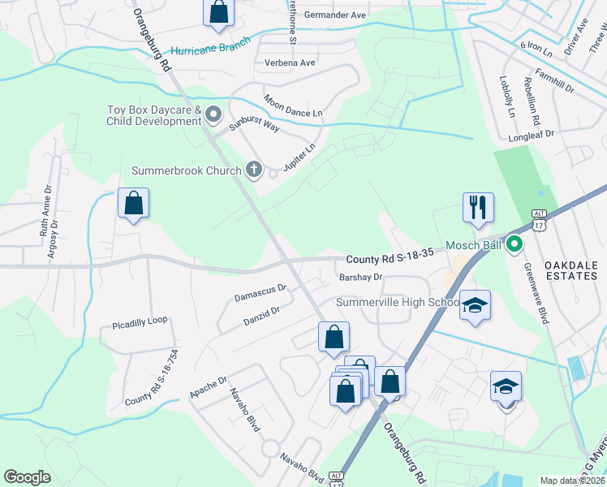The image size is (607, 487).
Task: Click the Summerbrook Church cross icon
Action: pos(253,170)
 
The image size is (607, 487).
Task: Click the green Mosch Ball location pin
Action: pos(514,243)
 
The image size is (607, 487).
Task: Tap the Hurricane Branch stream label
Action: pos(211,48)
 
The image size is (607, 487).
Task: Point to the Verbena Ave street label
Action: pos(290,62)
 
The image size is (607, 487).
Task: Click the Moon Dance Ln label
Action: pos(293,106)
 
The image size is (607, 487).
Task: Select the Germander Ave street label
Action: pos(338,15)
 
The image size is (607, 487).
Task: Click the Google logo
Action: pos(27,477)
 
